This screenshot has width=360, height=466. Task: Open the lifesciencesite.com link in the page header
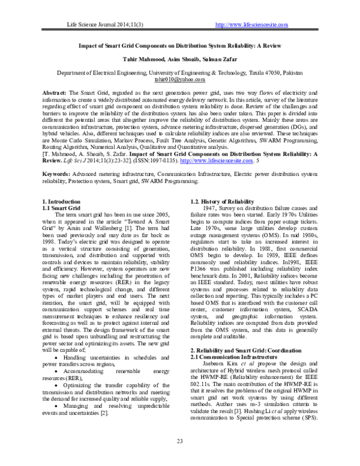[251, 25]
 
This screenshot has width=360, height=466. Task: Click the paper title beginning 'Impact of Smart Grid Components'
[179, 44]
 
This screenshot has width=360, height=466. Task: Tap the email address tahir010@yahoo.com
[179, 79]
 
